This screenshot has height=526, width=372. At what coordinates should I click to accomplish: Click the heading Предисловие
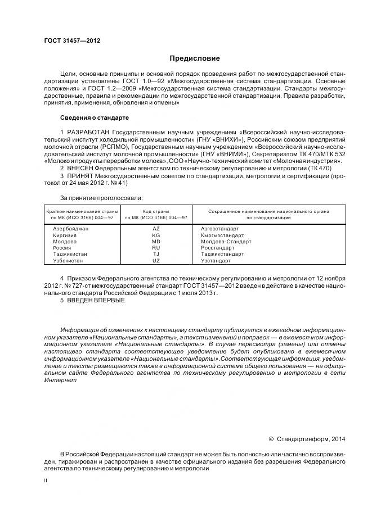(195, 58)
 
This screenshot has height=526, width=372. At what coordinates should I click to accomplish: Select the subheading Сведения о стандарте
(95, 118)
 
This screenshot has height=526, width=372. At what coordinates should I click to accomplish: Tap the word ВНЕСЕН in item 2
(83, 169)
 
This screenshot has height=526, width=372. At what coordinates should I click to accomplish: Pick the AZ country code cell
(156, 229)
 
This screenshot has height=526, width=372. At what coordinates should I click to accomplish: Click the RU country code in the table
(156, 247)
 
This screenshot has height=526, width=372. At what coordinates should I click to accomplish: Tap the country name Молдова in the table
(65, 241)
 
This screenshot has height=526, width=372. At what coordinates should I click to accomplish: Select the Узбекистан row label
(68, 260)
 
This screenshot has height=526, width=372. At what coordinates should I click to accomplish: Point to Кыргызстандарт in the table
(222, 235)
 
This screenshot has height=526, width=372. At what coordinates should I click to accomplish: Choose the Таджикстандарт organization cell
(222, 254)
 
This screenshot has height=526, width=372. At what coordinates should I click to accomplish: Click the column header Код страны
(156, 211)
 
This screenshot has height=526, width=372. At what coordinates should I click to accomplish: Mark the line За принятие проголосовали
(101, 198)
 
